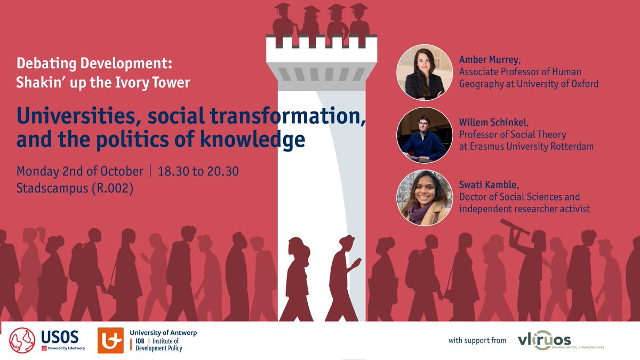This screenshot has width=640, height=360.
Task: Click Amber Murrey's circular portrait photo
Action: [425, 73]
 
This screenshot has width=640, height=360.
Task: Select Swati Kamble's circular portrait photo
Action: [425, 197]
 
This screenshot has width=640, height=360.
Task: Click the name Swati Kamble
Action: [488, 185]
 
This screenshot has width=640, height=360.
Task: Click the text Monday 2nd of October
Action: [80, 171]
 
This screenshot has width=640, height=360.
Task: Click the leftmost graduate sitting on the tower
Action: [283, 21]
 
